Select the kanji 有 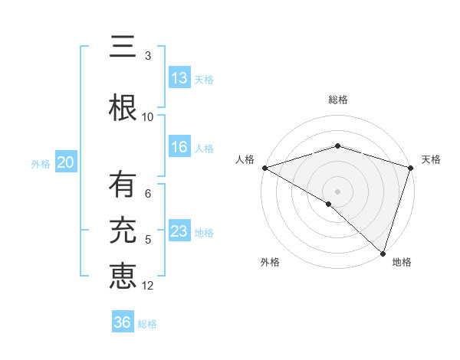(123, 186)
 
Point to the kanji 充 (123, 230)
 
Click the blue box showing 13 (179, 78)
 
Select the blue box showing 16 (179, 148)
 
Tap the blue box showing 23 (179, 232)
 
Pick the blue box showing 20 (66, 162)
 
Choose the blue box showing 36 (123, 322)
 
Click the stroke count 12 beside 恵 (148, 286)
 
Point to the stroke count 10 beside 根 (148, 116)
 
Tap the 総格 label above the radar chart (337, 100)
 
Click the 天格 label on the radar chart (431, 159)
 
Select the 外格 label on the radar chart (270, 262)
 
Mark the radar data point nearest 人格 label (264, 167)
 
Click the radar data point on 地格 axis (383, 253)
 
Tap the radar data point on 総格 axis (337, 146)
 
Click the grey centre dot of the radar (337, 191)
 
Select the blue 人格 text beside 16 (204, 149)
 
